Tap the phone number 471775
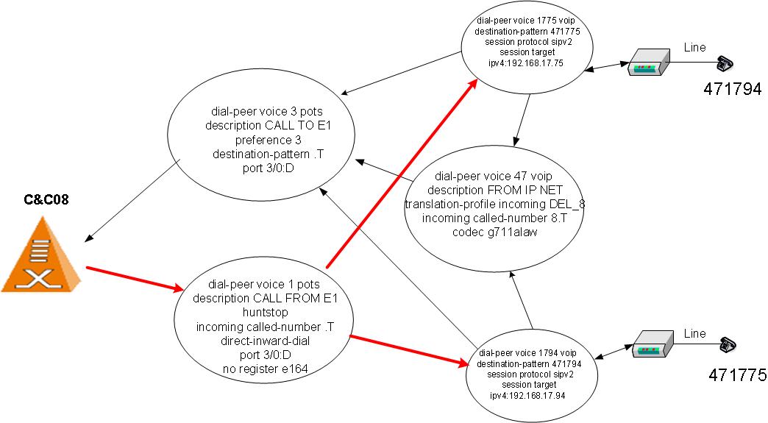[738, 375]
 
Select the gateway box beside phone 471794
[648, 63]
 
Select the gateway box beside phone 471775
[653, 346]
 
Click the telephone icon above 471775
[729, 345]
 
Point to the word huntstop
[262, 312]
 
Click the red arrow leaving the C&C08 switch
[132, 277]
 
